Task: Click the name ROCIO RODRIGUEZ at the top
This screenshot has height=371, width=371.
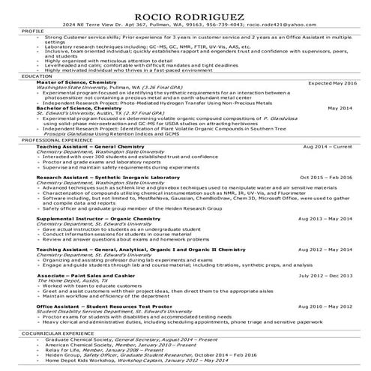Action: click(x=185, y=14)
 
